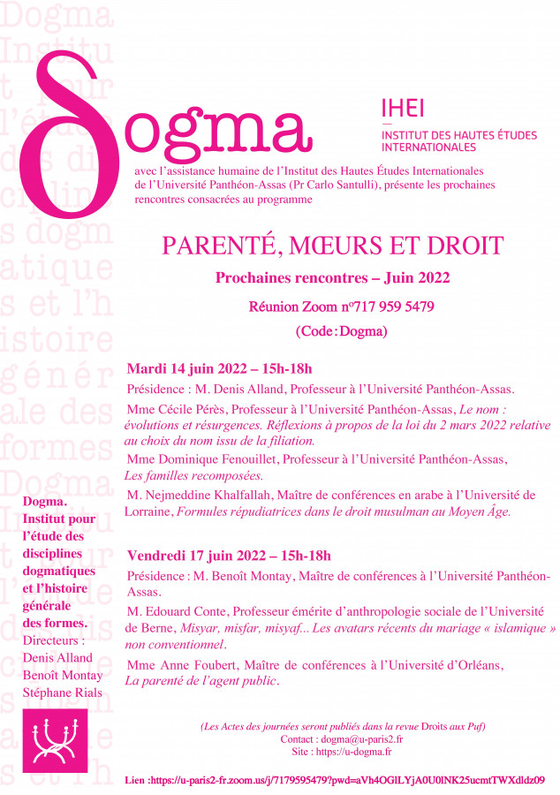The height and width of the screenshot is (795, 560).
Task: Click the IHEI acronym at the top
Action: click(402, 108)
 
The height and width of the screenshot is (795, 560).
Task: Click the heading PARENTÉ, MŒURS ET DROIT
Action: click(332, 246)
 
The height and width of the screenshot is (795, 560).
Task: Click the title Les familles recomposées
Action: click(190, 474)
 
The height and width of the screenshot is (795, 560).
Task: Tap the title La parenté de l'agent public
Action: click(202, 680)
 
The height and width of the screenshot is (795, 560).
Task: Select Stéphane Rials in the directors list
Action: click(63, 692)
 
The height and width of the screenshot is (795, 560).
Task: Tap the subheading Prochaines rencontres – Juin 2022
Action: click(332, 277)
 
